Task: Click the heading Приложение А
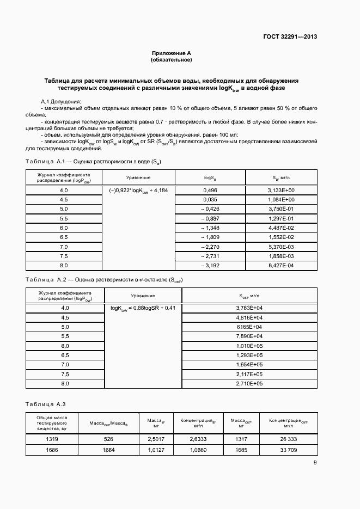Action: [172, 53]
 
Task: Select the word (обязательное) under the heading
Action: [172, 59]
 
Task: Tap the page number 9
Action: [315, 463]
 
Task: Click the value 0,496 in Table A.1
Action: [210, 190]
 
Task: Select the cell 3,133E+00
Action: [281, 190]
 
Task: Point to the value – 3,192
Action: [210, 265]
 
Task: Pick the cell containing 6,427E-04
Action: [281, 265]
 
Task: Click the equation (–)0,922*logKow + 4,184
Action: [138, 191]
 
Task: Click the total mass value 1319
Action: [52, 439]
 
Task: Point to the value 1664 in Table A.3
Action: [108, 450]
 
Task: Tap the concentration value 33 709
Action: [288, 450]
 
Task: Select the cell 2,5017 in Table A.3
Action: [156, 439]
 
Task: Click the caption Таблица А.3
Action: [46, 403]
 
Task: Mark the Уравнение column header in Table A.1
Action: [138, 177]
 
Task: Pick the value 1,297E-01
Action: [281, 218]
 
